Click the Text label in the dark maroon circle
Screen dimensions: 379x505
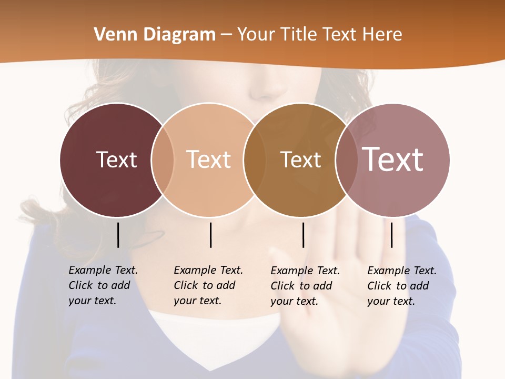[x=116, y=159]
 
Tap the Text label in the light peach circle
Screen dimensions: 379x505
[x=209, y=159]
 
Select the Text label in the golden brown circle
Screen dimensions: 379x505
[x=300, y=159]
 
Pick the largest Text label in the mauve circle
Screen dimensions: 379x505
[x=392, y=159]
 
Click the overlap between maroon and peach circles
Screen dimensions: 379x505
[x=163, y=159]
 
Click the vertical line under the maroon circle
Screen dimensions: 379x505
[x=118, y=235]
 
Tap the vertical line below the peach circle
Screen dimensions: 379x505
[x=211, y=235]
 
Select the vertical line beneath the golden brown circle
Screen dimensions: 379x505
[x=304, y=235]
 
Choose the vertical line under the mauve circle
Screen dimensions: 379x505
[x=392, y=235]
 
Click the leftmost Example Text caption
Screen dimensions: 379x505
[x=103, y=285]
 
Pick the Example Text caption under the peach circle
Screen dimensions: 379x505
[x=208, y=285]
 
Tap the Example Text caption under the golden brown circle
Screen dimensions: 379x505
[x=305, y=286]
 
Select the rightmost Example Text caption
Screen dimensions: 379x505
[x=401, y=286]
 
